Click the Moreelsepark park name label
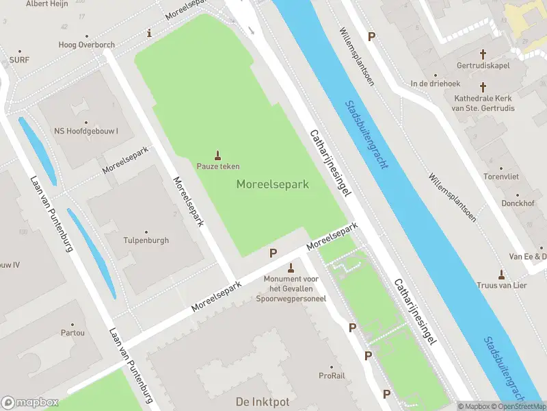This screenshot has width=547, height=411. coord(273,184)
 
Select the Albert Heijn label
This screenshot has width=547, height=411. coord(46,4)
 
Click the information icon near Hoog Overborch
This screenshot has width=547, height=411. coord(150,33)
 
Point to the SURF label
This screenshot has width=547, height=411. coord(19,60)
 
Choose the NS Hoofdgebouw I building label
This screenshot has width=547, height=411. coord(86,131)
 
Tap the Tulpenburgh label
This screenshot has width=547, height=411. coord(146,240)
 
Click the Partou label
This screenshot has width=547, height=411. coord(72,333)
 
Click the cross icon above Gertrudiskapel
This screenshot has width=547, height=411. coord(483,53)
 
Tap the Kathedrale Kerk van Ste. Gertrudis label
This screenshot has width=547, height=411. coord(483,103)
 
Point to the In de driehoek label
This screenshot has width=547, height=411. coord(435,84)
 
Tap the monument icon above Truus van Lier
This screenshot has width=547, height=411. coord(501,274)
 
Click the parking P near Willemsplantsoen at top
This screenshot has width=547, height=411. coord(371,36)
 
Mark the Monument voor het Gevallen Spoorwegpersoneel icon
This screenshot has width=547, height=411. coord(291,267)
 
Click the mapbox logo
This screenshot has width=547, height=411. coord(30,402)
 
